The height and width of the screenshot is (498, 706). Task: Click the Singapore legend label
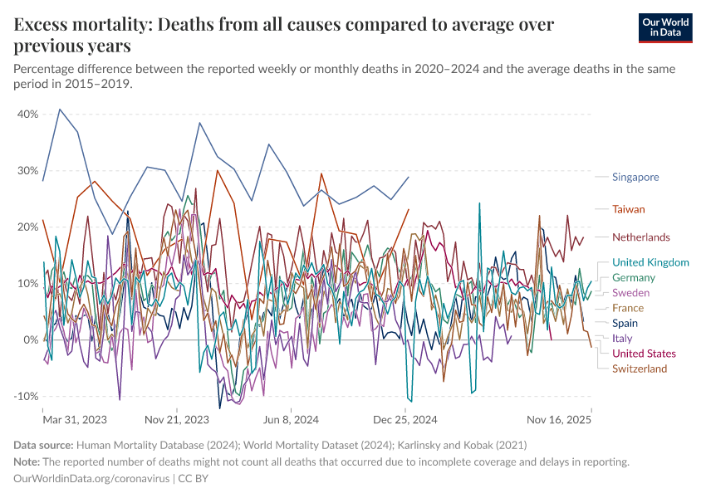[635, 177]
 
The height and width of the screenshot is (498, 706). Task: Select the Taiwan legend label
[629, 209]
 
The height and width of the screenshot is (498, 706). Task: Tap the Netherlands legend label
[641, 237]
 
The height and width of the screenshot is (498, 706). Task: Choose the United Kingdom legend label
[650, 263]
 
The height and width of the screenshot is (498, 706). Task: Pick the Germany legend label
[633, 278]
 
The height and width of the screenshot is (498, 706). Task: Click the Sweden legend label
[630, 293]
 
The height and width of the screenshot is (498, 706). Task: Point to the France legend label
[628, 308]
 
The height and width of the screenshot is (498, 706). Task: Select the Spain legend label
[625, 323]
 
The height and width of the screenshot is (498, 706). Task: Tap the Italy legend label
[622, 339]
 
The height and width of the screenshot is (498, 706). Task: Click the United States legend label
[644, 354]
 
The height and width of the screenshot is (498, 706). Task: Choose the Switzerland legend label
[640, 369]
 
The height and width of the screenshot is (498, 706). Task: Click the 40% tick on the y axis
[27, 114]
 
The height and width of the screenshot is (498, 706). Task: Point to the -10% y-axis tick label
[26, 396]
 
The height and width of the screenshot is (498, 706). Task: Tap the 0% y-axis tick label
[32, 339]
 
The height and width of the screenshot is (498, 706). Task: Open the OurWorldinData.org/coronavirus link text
[91, 479]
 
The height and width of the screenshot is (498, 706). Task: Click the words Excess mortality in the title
[78, 24]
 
